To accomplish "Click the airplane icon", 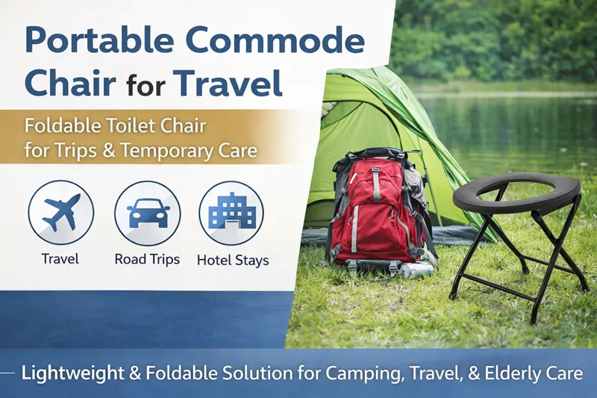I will (61, 213).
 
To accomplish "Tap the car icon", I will (148, 213).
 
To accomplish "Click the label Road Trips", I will (148, 260).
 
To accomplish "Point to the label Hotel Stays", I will (233, 261).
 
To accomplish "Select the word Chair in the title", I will (68, 84).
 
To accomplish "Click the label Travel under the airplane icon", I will (60, 260).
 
